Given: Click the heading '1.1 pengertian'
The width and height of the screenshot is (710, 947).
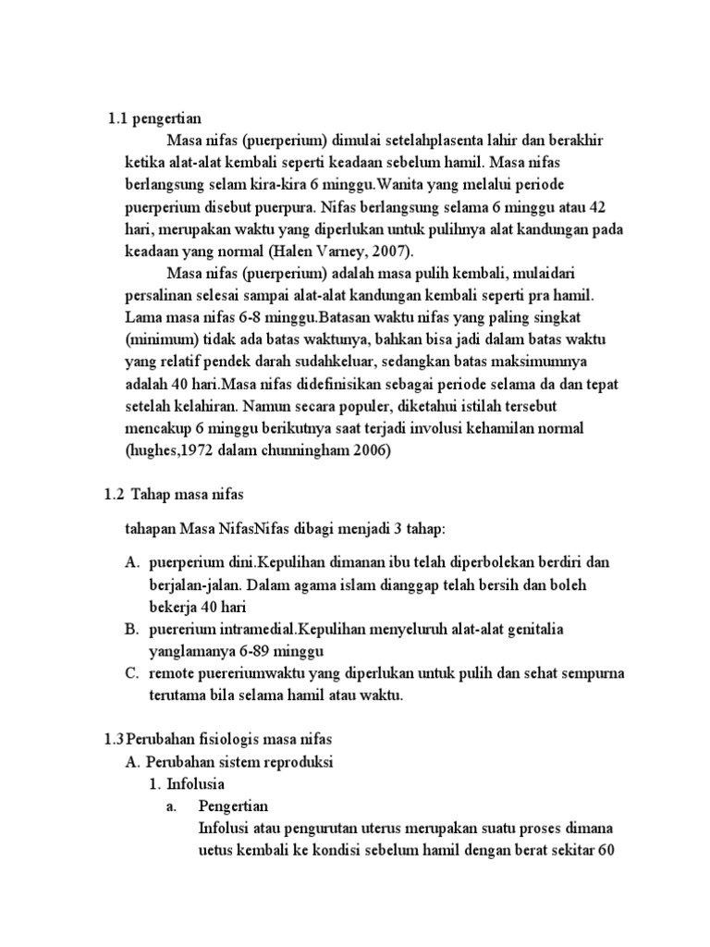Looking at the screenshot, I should click(154, 118).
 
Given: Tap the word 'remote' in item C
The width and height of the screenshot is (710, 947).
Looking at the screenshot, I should click(172, 673).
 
